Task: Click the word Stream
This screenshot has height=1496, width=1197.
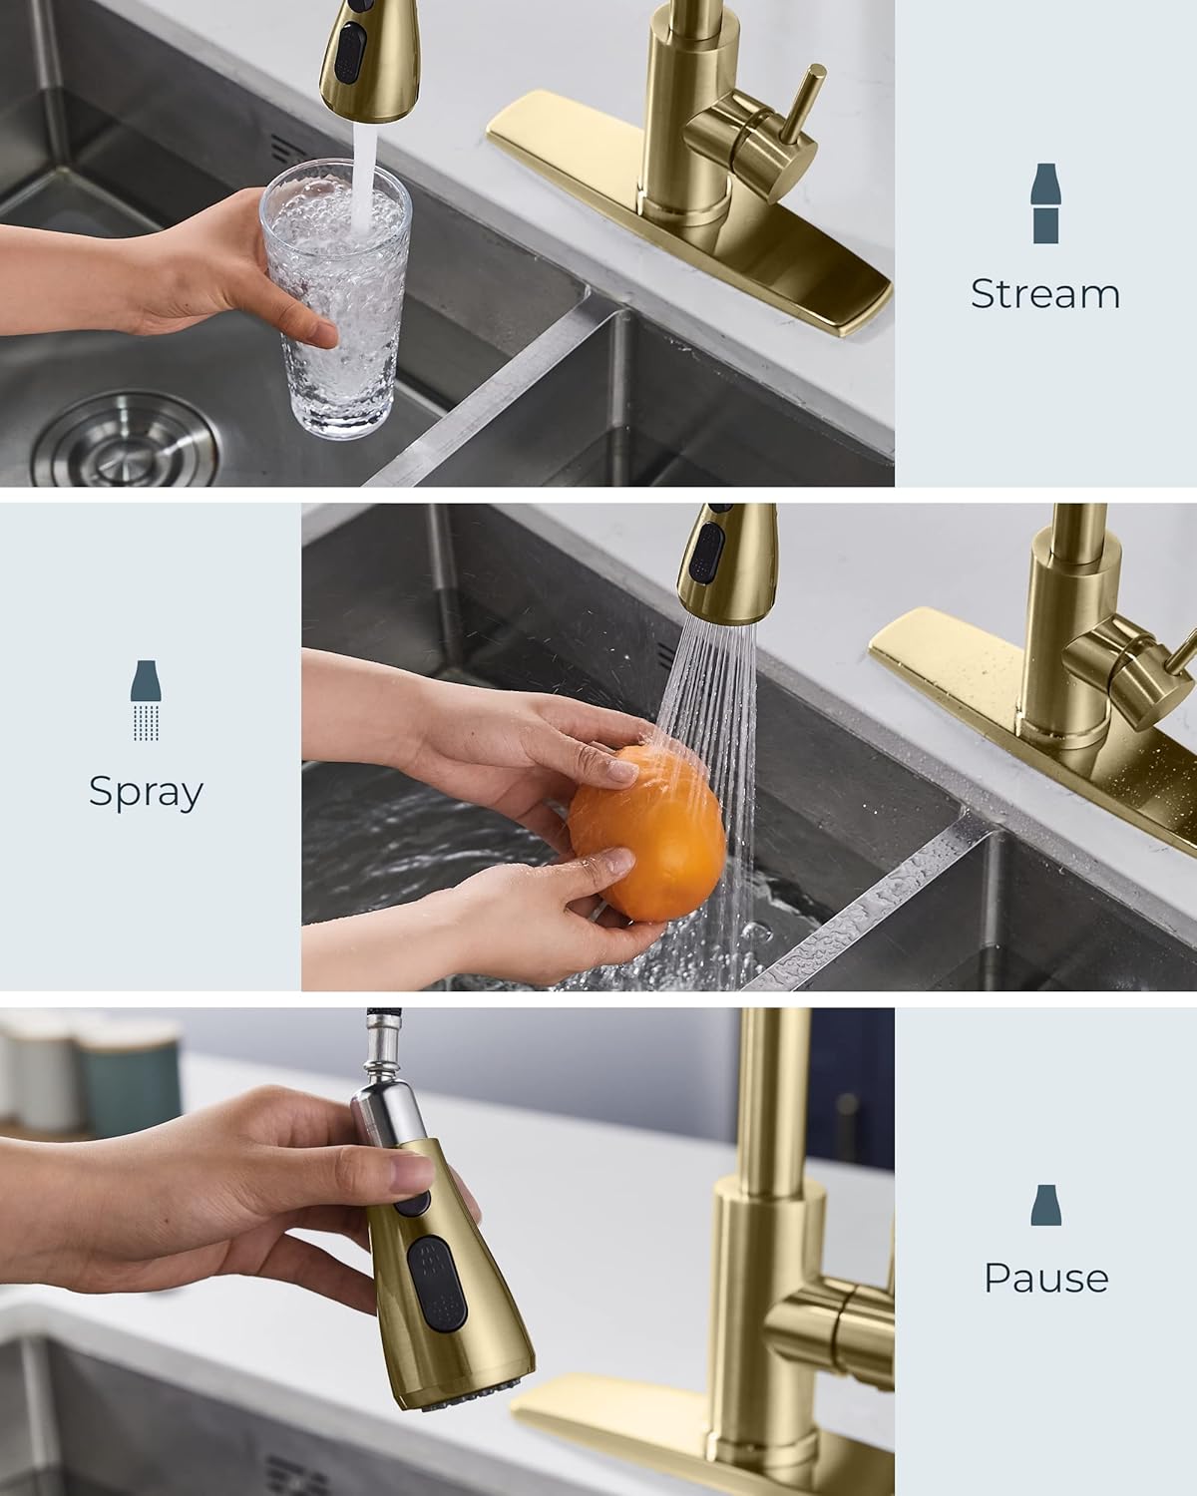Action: coord(1044,293)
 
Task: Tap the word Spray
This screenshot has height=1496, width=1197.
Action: coord(146,792)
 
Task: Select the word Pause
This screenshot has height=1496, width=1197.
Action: coord(1045,1278)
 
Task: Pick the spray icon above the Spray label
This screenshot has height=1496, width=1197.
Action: coord(147,700)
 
